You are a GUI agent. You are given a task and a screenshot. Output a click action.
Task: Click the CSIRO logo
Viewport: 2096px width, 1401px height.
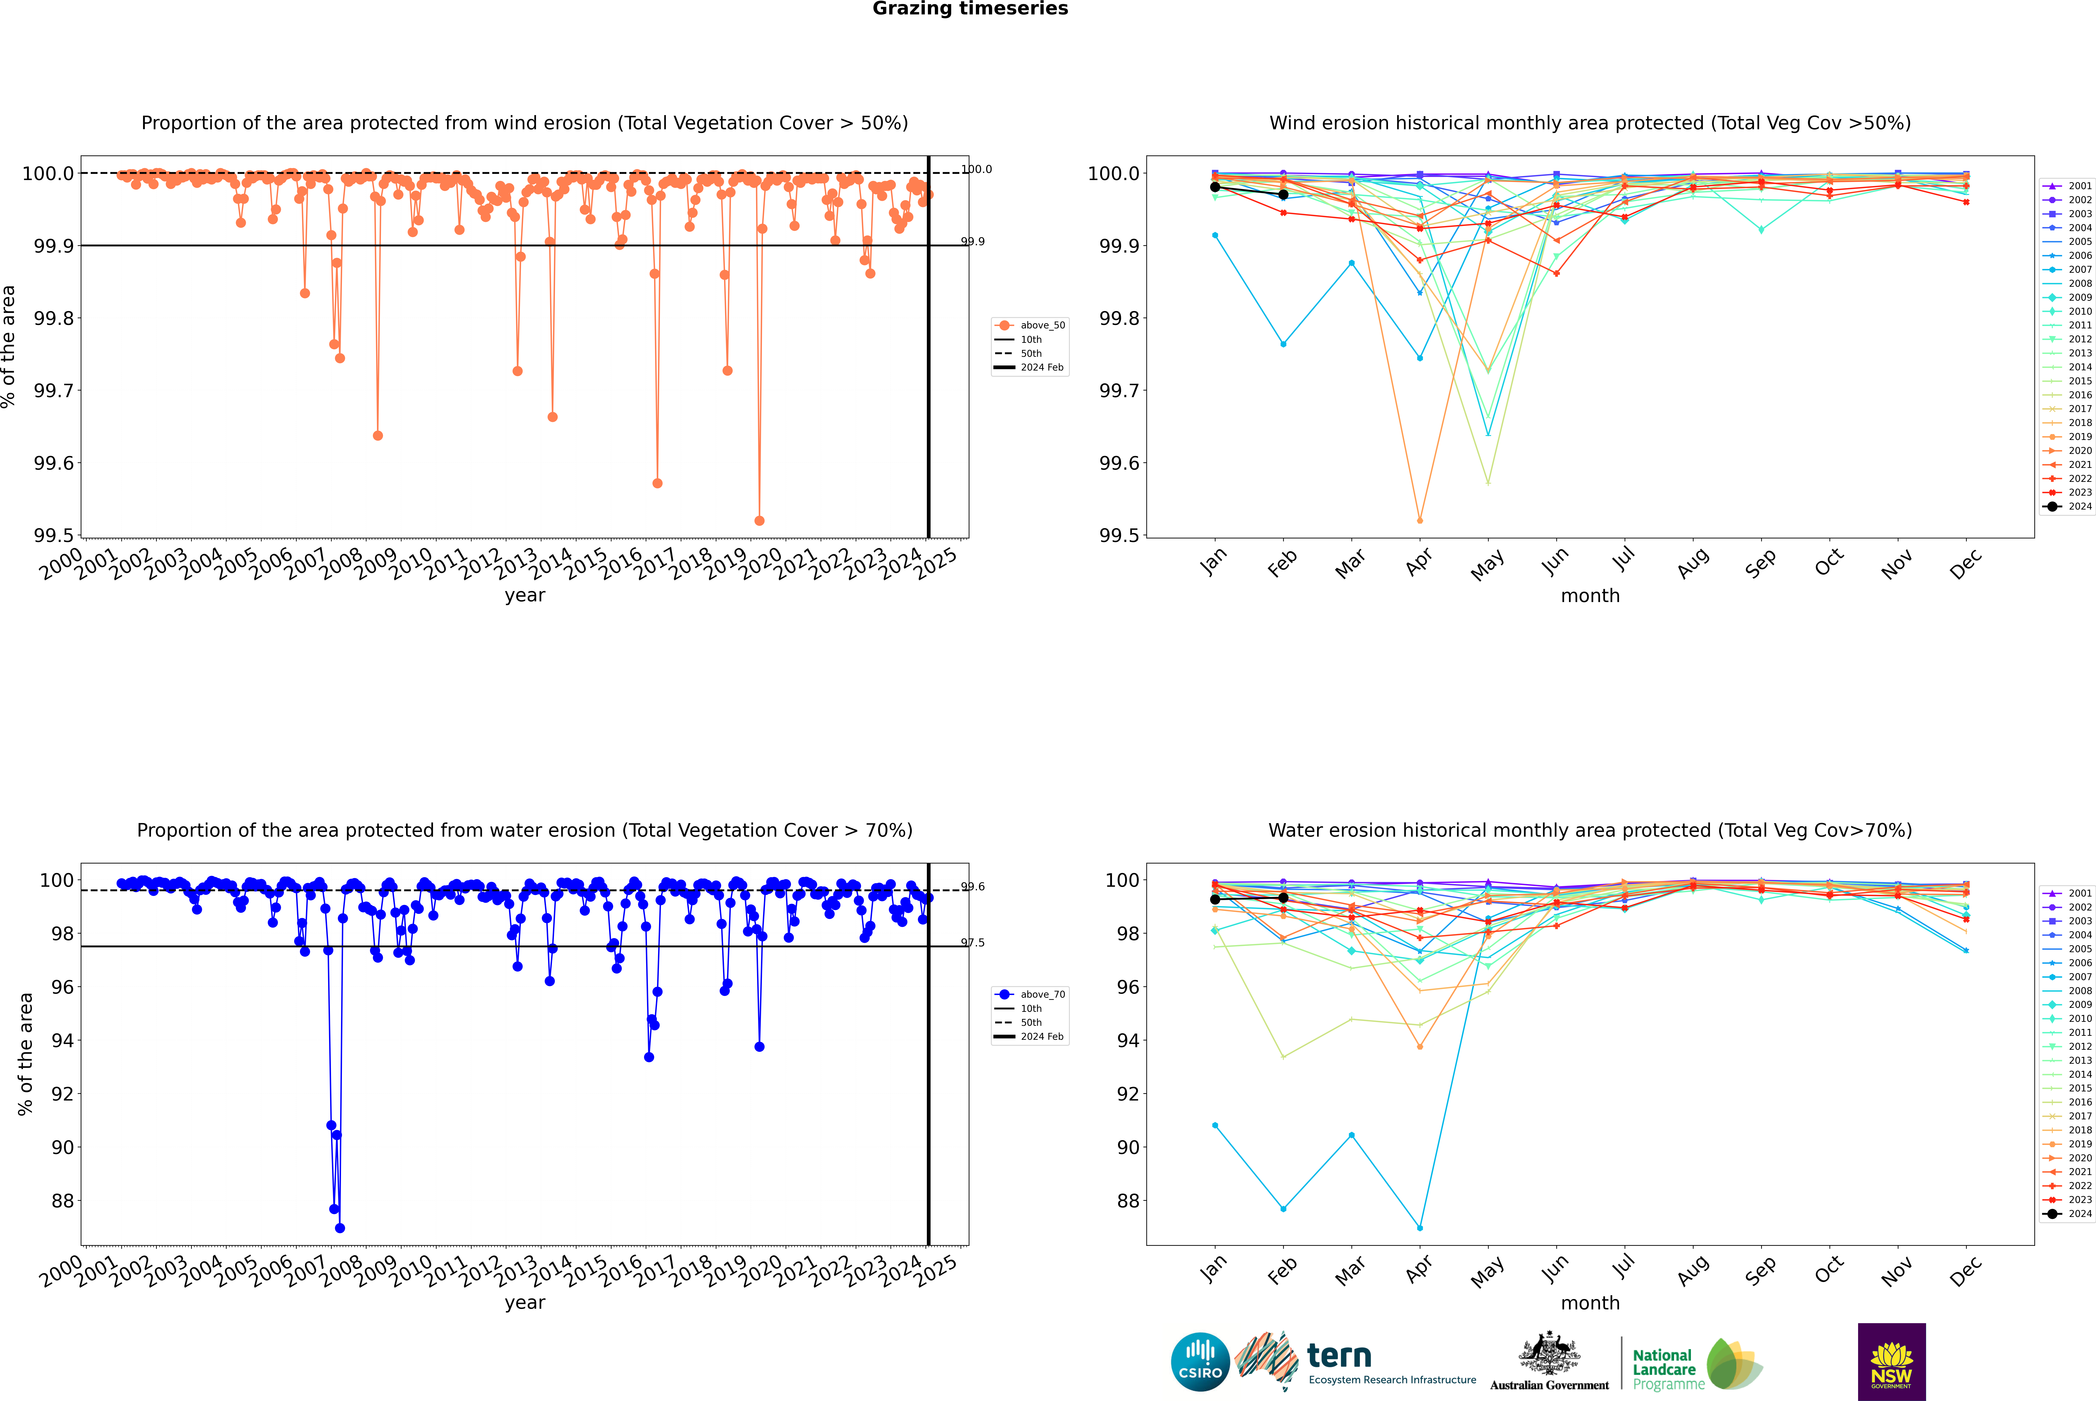point(1200,1362)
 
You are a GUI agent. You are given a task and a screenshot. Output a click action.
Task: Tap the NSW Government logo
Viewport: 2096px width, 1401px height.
point(1891,1362)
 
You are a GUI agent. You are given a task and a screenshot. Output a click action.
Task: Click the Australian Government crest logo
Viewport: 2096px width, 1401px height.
point(1549,1362)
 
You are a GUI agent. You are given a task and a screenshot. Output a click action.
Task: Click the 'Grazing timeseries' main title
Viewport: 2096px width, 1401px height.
point(970,9)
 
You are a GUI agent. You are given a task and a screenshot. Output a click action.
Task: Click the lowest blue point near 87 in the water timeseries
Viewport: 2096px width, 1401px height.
point(339,1228)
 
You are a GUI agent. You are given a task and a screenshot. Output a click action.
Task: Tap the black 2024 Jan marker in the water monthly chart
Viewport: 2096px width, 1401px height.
point(1215,899)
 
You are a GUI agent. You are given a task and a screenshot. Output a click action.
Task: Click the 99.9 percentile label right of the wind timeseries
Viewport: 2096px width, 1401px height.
point(973,241)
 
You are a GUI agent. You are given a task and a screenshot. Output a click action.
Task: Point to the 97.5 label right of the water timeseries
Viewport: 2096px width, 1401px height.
point(973,943)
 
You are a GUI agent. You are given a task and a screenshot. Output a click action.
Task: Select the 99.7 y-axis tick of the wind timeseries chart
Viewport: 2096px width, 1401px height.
point(54,390)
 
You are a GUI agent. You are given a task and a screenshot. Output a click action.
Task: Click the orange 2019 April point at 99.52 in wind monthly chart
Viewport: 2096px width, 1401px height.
point(1420,520)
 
